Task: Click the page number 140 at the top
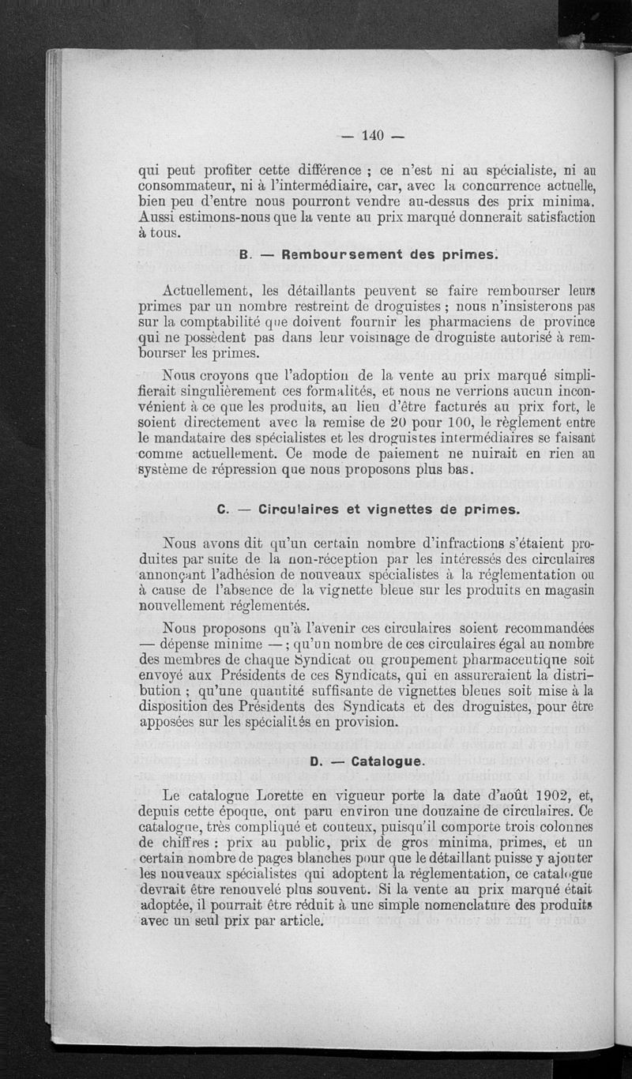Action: (x=372, y=135)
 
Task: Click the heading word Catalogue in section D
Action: (x=384, y=761)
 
